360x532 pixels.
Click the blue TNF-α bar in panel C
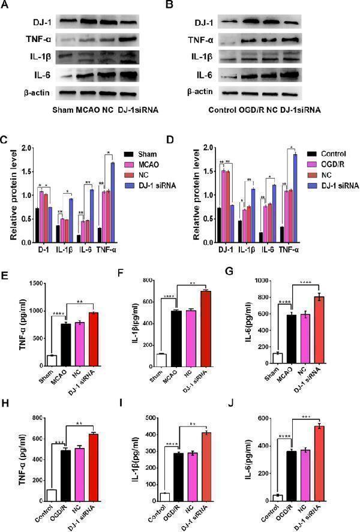tap(112, 202)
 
